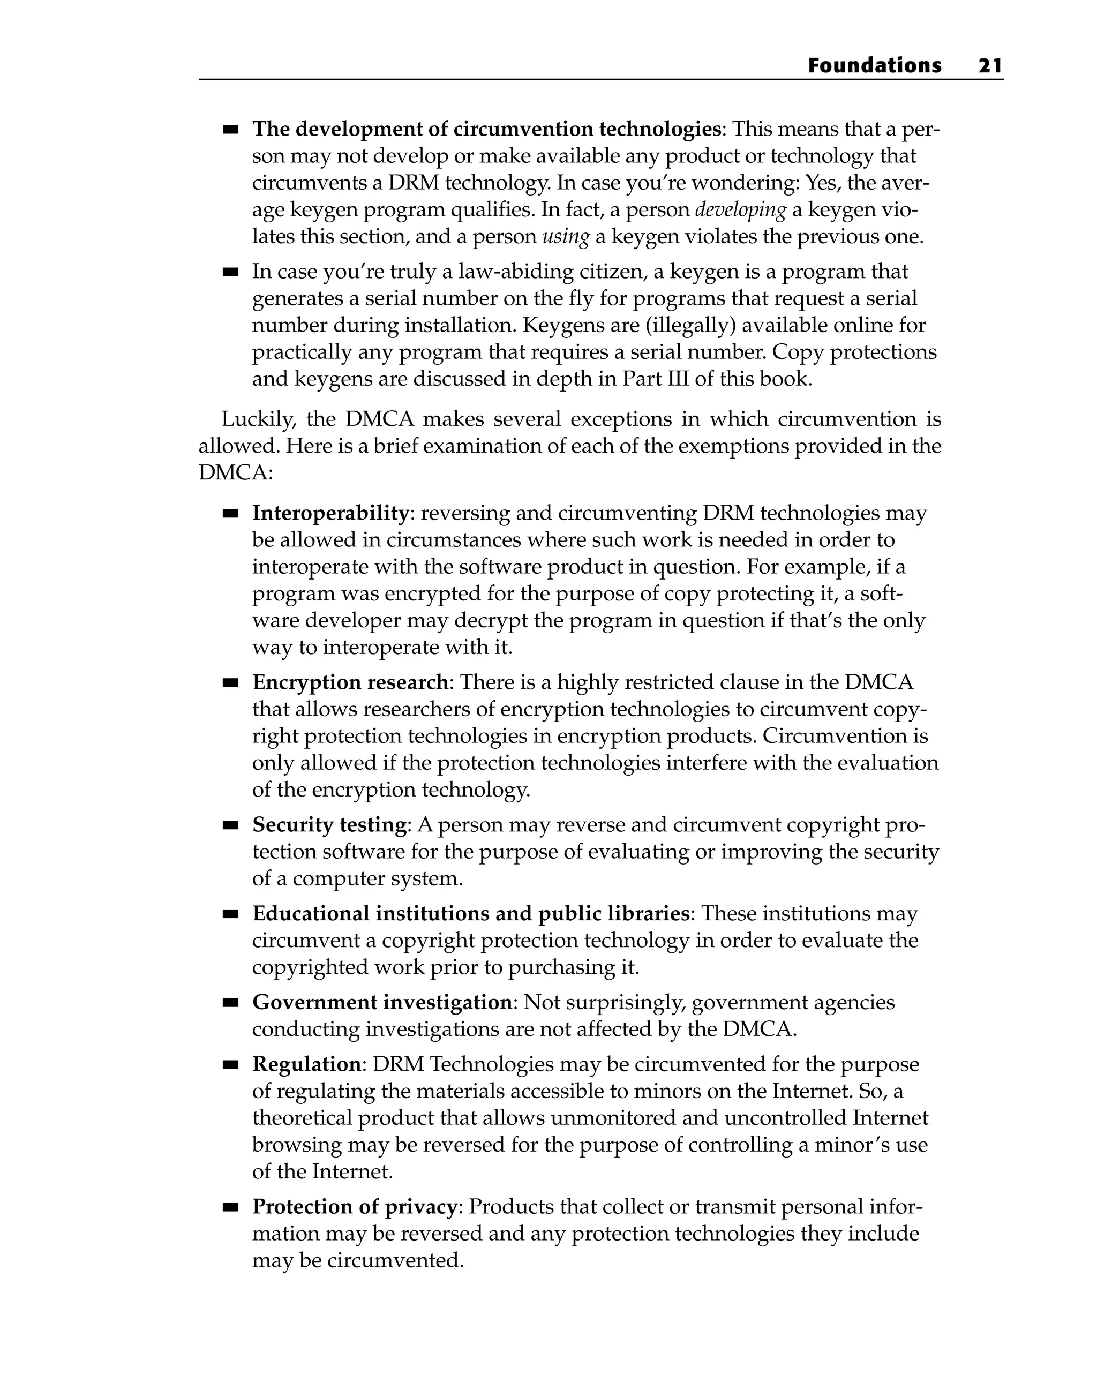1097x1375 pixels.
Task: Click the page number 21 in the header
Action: click(x=990, y=66)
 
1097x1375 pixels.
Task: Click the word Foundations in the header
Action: click(x=874, y=66)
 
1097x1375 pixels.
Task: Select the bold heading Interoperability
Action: click(x=330, y=513)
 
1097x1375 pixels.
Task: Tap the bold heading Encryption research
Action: click(x=350, y=682)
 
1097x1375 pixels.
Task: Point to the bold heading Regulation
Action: click(x=307, y=1064)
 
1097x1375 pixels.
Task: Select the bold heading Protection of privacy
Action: click(x=355, y=1207)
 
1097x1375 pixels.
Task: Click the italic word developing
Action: click(x=740, y=210)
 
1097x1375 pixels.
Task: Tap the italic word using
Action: click(x=566, y=237)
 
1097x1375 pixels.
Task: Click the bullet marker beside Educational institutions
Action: click(x=230, y=914)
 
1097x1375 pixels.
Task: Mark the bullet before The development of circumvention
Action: click(x=230, y=130)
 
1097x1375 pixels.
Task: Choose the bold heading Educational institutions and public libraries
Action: click(x=471, y=914)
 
